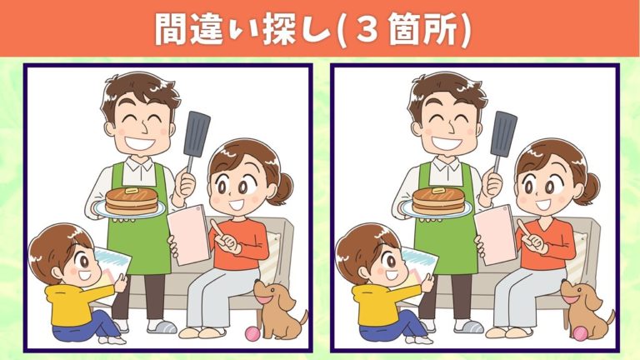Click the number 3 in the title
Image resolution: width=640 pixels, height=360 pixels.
(367, 29)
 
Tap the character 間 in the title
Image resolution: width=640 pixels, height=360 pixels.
(169, 29)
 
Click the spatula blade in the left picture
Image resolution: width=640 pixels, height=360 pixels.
(197, 134)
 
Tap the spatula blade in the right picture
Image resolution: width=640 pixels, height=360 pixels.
(503, 134)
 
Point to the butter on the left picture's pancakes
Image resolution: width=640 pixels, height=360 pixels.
(132, 191)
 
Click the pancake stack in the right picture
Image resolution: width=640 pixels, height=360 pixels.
(438, 200)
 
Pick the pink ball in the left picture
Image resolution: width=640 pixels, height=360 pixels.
(253, 333)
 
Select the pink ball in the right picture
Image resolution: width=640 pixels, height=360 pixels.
(580, 333)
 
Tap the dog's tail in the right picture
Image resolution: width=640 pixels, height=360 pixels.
(610, 317)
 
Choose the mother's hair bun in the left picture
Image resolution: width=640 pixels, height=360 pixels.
(282, 188)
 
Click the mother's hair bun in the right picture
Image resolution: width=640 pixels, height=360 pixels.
(589, 188)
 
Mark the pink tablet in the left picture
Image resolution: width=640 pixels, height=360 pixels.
(188, 234)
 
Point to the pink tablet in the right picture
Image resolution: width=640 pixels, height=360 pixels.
(496, 234)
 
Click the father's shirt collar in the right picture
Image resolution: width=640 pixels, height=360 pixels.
(446, 165)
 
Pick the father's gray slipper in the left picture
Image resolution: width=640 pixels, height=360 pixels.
(162, 327)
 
